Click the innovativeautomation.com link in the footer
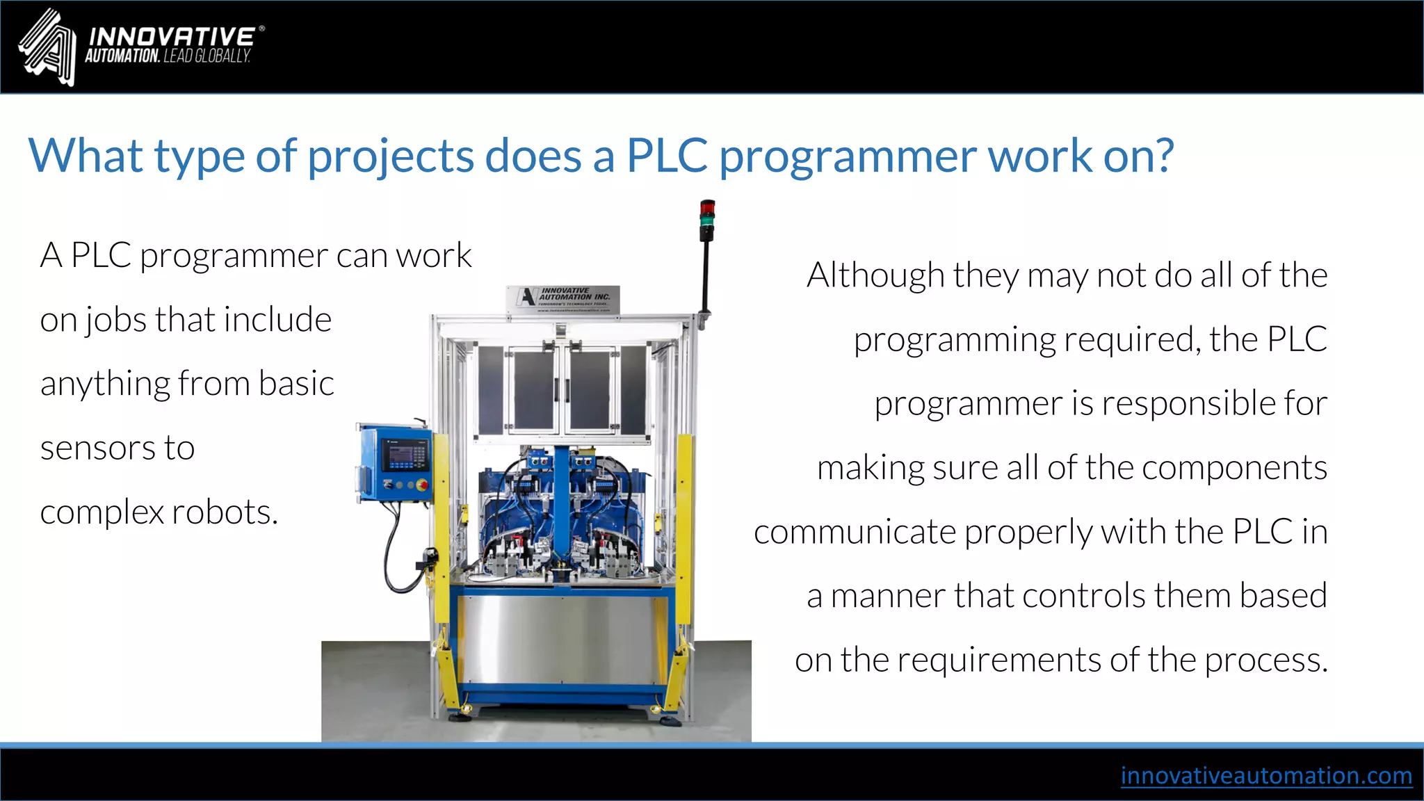coord(1265,775)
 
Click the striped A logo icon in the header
coord(47,47)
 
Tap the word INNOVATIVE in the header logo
coord(171,36)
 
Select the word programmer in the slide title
coord(848,157)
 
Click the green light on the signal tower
coord(706,222)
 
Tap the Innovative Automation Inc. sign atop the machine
coord(563,299)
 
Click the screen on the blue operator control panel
coord(406,458)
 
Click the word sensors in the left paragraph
coord(98,448)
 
